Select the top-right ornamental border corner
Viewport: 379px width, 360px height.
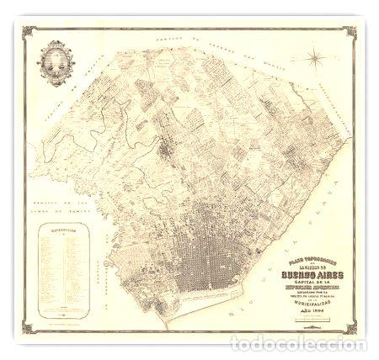[351, 32]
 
